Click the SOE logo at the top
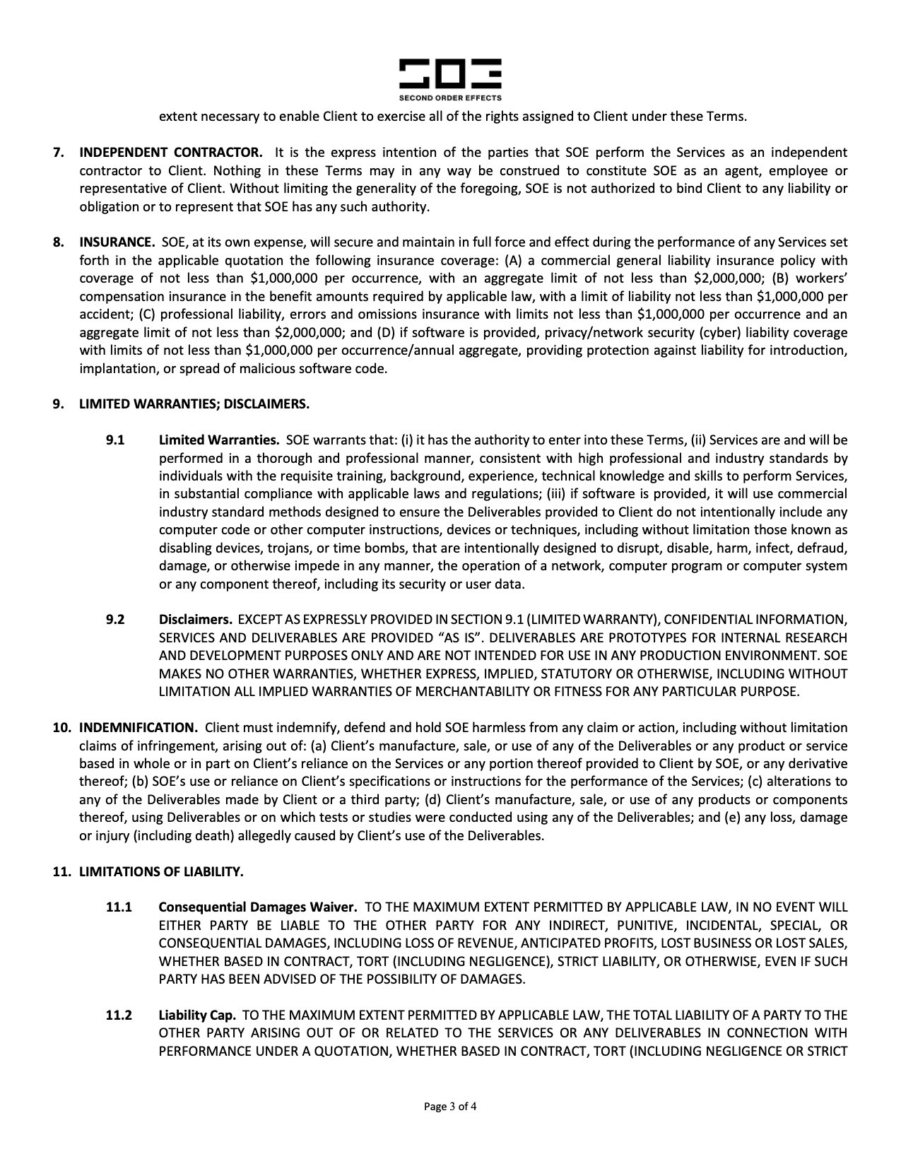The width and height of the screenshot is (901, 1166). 450,74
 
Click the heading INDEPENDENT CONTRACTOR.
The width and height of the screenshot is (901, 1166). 170,153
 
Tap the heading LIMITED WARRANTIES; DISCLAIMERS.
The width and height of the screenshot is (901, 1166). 194,404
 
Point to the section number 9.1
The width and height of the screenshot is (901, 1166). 115,440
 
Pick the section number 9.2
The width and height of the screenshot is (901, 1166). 115,620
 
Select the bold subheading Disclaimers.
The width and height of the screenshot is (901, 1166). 195,620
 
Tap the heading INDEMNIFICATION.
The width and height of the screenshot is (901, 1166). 138,727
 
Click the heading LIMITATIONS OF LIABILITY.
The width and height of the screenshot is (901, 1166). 160,871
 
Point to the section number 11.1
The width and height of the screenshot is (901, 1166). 119,907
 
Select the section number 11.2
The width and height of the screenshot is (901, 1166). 119,1015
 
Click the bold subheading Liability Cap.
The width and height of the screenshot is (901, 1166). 197,1015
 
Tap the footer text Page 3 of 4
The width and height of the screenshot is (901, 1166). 451,1107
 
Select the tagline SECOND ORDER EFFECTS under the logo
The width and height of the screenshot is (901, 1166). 450,98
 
